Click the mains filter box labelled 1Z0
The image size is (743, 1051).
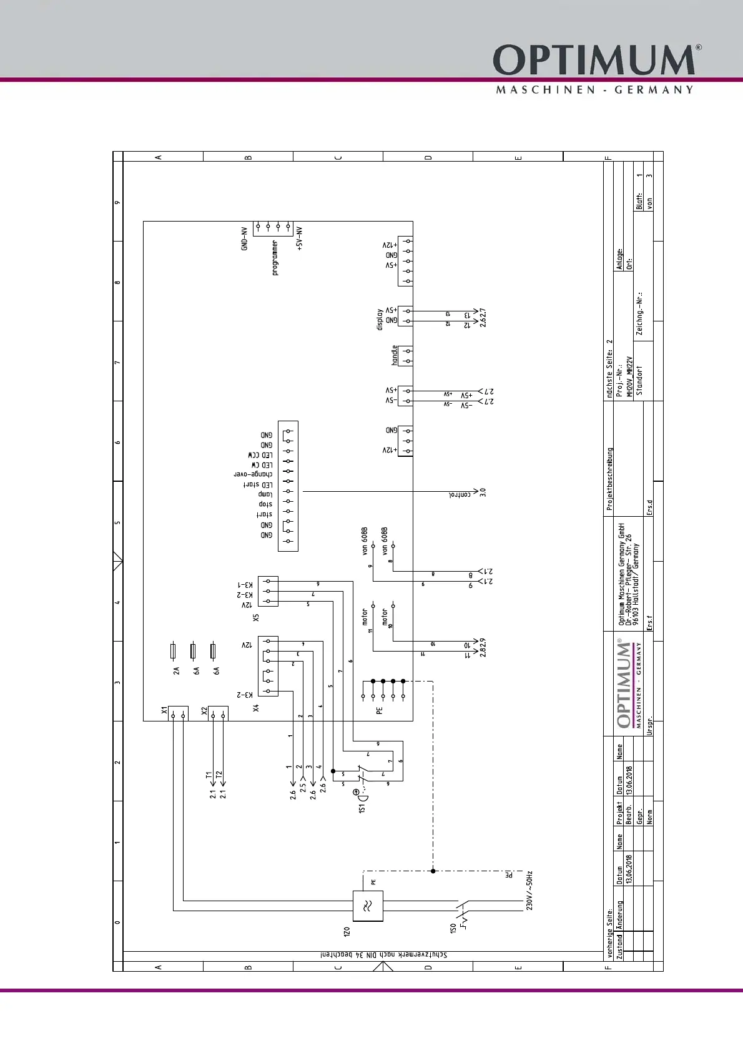(x=368, y=906)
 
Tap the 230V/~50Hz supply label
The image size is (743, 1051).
(x=529, y=891)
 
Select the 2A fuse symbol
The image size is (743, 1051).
(x=173, y=652)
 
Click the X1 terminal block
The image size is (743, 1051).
(x=178, y=713)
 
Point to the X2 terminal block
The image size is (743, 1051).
(x=218, y=713)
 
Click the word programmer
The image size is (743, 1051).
(x=275, y=258)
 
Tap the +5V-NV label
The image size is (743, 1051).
(x=300, y=239)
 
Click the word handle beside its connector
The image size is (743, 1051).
(x=395, y=355)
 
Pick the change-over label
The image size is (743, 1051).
(x=253, y=474)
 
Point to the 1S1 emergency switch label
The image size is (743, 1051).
(x=362, y=808)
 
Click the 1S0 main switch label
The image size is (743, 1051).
(x=453, y=929)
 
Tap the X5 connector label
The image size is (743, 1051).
(x=255, y=618)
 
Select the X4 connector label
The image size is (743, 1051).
(x=255, y=708)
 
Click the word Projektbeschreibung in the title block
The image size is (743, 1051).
(x=610, y=479)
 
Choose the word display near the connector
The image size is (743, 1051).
(x=380, y=320)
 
